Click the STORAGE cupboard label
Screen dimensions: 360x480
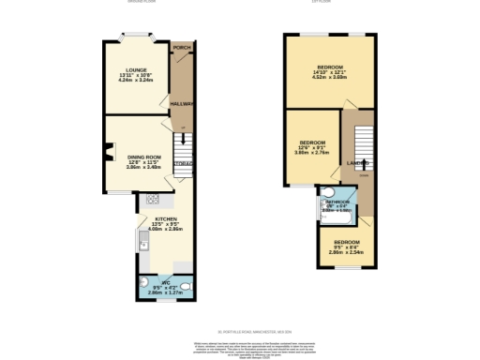[x=184, y=163]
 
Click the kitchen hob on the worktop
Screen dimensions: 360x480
[x=153, y=200]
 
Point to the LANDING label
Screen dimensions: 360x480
[x=356, y=164]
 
